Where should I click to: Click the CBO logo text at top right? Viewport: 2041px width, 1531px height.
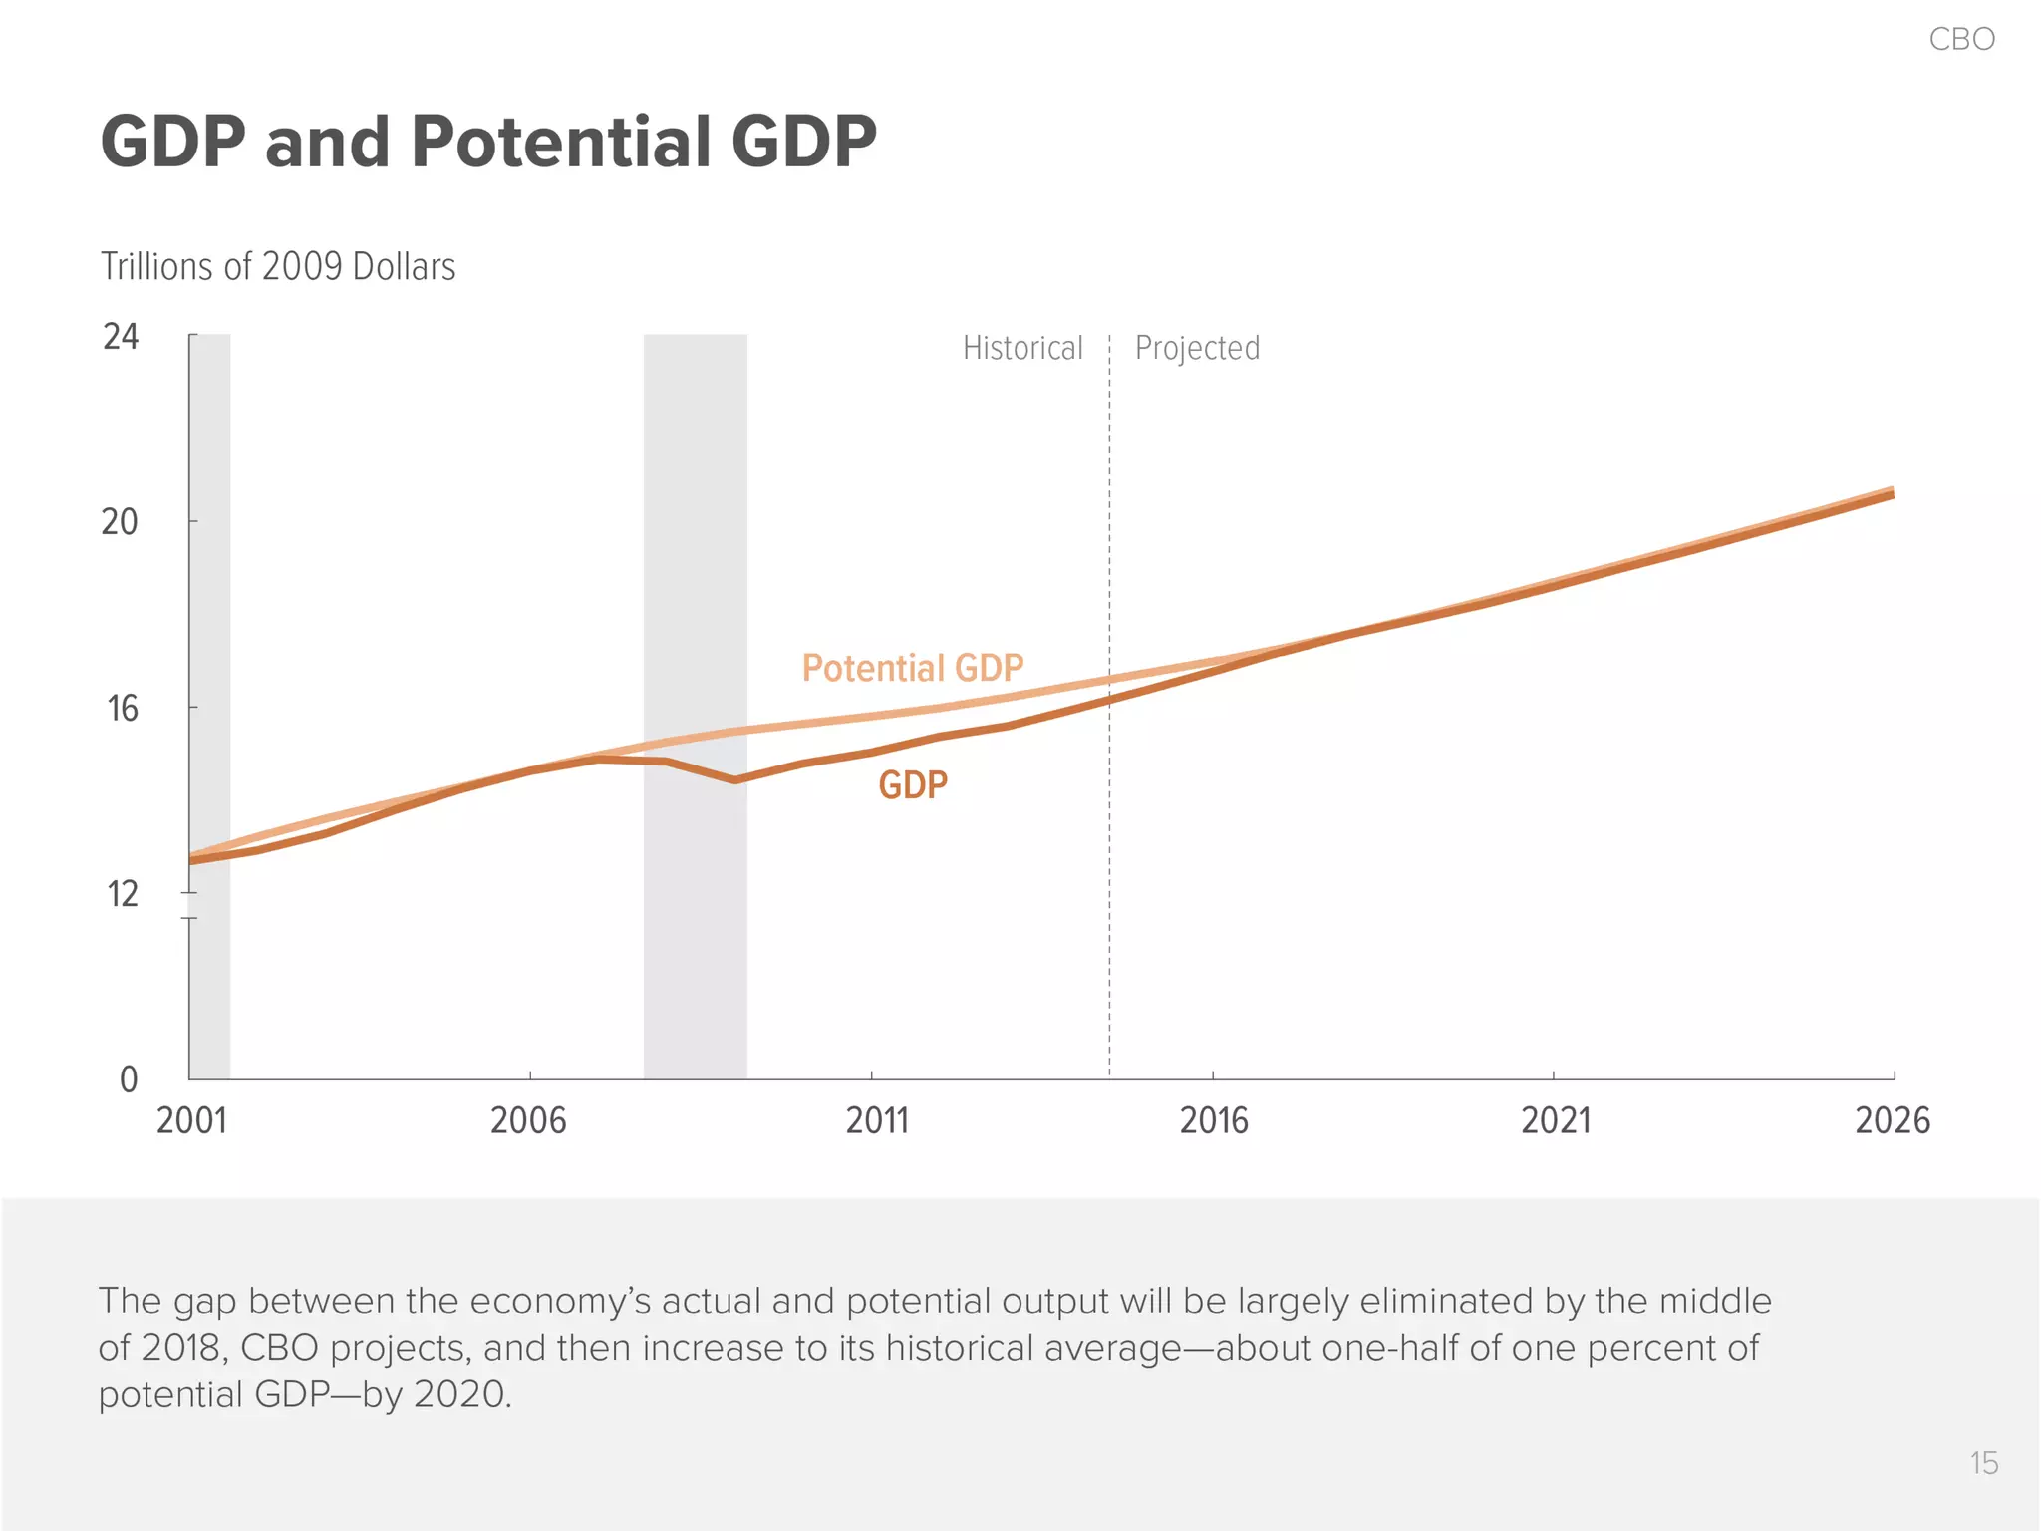[x=1961, y=39]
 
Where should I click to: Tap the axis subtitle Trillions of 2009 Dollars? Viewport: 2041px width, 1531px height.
[x=278, y=267]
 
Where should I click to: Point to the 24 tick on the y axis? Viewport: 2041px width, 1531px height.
[x=121, y=337]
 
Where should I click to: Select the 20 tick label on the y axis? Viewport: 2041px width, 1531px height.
[x=120, y=522]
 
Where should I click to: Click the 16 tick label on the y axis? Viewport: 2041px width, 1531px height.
[x=122, y=709]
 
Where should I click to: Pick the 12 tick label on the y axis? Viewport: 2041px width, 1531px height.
[x=122, y=894]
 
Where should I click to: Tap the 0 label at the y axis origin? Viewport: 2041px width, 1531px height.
[x=129, y=1079]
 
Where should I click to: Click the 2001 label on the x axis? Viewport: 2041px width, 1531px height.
[x=192, y=1121]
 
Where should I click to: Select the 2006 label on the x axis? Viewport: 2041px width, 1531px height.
[x=528, y=1121]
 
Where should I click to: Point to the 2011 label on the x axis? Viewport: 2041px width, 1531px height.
[x=877, y=1121]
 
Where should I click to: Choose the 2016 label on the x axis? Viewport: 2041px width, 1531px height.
[x=1214, y=1121]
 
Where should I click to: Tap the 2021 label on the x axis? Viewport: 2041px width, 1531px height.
[x=1556, y=1121]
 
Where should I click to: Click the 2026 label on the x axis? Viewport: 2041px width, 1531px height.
[x=1892, y=1121]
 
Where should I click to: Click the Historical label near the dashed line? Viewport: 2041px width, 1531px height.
[x=1022, y=348]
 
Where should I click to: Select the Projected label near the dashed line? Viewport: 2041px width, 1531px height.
[x=1197, y=348]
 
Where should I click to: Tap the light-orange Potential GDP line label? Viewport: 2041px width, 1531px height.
[x=912, y=668]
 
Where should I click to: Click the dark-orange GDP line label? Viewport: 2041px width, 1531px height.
[x=912, y=785]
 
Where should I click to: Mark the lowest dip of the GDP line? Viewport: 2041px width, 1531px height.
[x=735, y=780]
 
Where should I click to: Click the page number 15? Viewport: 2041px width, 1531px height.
[x=1983, y=1463]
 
